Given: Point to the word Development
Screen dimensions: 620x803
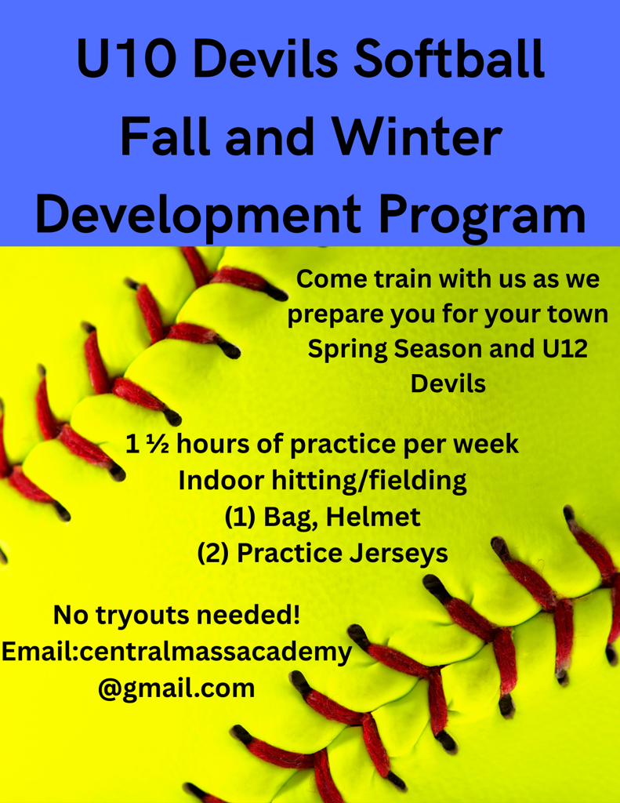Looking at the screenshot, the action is click(x=198, y=216).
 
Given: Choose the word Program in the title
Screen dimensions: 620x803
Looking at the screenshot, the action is click(x=482, y=216).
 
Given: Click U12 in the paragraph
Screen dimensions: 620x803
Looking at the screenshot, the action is click(x=564, y=349).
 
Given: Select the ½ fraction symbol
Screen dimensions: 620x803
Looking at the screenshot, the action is click(x=156, y=444).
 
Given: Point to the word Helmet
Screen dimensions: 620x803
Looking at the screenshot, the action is click(x=373, y=517).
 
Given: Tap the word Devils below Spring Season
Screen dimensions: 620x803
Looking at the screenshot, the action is click(x=448, y=383).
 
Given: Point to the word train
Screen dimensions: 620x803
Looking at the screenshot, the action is click(x=402, y=280).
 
